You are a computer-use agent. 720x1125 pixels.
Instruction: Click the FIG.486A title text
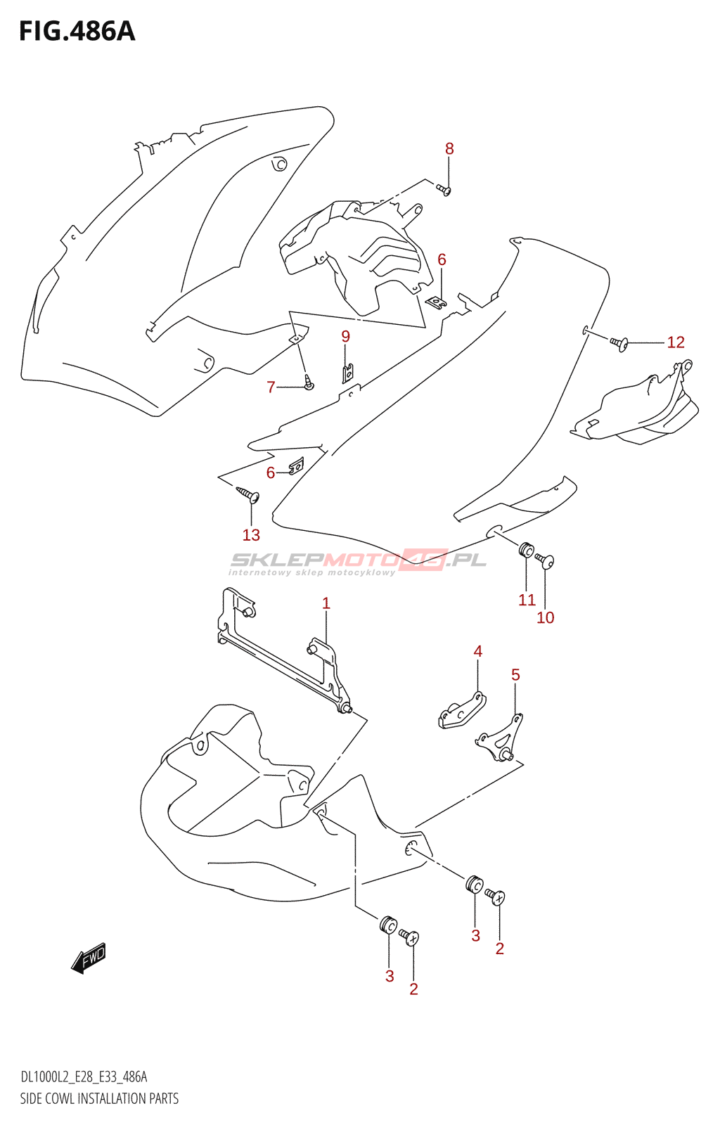pyautogui.click(x=77, y=32)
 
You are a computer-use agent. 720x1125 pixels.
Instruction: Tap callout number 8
pyautogui.click(x=449, y=149)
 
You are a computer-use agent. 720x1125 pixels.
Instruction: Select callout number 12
pyautogui.click(x=675, y=342)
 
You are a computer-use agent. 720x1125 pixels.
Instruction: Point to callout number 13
pyautogui.click(x=251, y=535)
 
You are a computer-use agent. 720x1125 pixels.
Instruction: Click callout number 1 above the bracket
pyautogui.click(x=326, y=603)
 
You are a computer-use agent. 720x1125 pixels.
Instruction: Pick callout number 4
pyautogui.click(x=478, y=652)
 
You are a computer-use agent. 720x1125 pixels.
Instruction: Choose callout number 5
pyautogui.click(x=515, y=675)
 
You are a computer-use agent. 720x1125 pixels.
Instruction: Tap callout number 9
pyautogui.click(x=346, y=337)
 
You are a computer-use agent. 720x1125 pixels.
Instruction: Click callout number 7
pyautogui.click(x=271, y=387)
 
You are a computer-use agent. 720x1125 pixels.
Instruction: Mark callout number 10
pyautogui.click(x=546, y=617)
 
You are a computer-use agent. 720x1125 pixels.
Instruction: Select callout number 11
pyautogui.click(x=527, y=600)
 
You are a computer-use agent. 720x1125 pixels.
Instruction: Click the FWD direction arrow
pyautogui.click(x=89, y=958)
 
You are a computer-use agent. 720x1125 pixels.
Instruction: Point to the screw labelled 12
pyautogui.click(x=619, y=343)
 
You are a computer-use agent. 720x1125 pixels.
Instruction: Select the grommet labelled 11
pyautogui.click(x=526, y=549)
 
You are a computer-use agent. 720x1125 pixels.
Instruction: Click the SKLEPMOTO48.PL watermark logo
pyautogui.click(x=359, y=561)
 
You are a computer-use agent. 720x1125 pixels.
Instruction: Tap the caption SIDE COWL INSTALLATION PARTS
pyautogui.click(x=99, y=1098)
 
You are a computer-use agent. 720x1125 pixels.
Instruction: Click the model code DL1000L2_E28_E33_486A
pyautogui.click(x=84, y=1077)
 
